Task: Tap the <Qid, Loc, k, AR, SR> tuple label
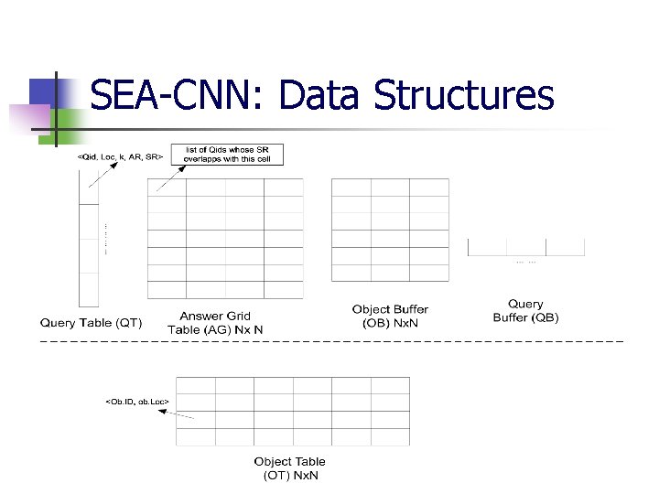pyautogui.click(x=120, y=157)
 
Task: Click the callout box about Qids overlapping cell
pyautogui.click(x=232, y=154)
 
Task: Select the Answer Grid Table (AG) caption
pyautogui.click(x=215, y=323)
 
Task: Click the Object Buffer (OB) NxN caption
pyautogui.click(x=390, y=316)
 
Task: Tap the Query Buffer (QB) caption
pyautogui.click(x=525, y=311)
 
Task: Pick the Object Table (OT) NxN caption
pyautogui.click(x=289, y=468)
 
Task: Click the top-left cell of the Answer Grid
pyautogui.click(x=167, y=188)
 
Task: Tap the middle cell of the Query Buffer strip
pyautogui.click(x=526, y=247)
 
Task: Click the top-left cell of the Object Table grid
pyautogui.click(x=195, y=385)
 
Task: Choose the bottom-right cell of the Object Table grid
pyautogui.click(x=390, y=435)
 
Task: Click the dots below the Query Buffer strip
pyautogui.click(x=526, y=263)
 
